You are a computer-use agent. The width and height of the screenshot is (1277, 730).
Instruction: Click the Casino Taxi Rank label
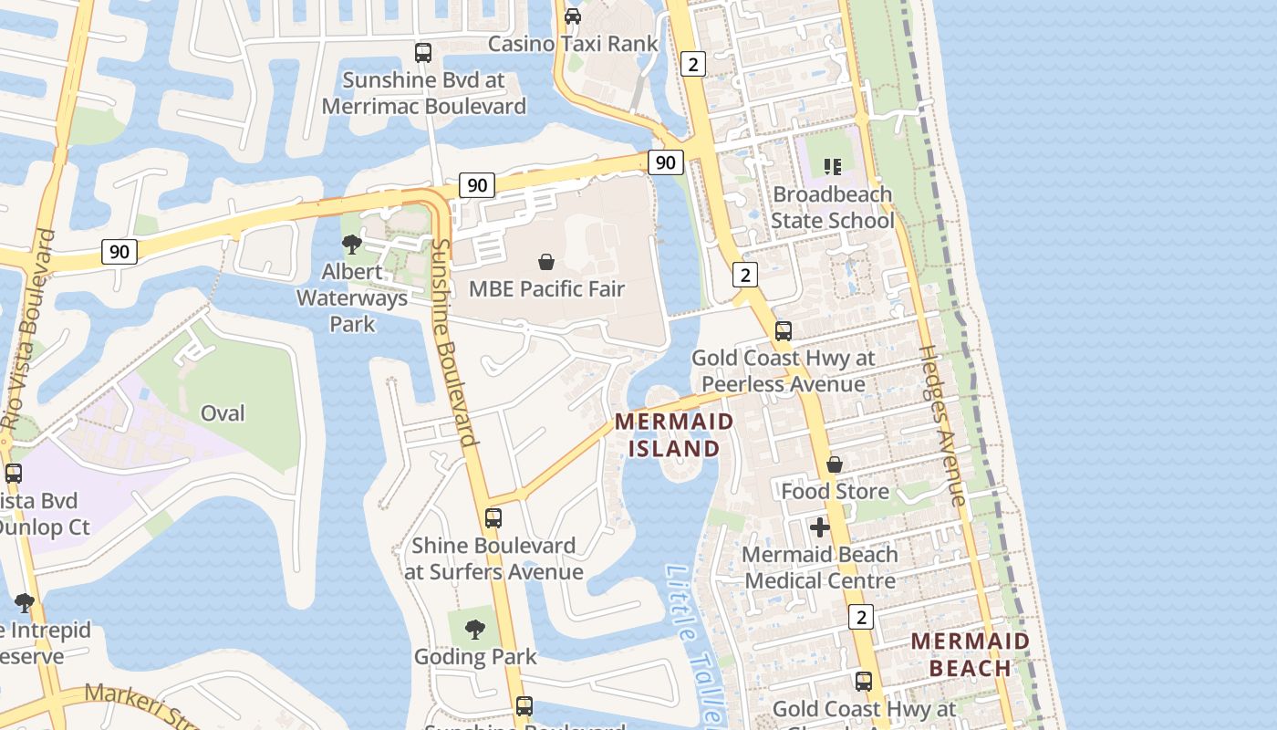573,43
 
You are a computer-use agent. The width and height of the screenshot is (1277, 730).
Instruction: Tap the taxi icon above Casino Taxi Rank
573,16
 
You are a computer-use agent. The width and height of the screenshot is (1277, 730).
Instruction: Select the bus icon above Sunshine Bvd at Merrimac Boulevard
423,53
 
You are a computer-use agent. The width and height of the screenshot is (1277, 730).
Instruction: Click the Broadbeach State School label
832,207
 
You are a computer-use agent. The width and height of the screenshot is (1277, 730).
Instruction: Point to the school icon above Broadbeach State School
832,166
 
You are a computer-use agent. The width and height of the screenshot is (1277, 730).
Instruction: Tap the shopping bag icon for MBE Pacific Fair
546,262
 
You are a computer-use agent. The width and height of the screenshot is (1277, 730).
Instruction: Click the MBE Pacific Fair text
546,289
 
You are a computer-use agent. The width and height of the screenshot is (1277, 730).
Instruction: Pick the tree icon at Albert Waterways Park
352,245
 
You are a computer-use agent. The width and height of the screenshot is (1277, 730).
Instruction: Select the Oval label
223,413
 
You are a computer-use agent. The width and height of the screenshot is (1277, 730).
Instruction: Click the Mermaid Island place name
674,434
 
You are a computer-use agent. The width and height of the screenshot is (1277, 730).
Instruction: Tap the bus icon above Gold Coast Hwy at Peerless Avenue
784,331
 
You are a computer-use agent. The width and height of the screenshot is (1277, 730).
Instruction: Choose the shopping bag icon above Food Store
835,465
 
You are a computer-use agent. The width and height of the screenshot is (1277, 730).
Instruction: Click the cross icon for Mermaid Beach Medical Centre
820,527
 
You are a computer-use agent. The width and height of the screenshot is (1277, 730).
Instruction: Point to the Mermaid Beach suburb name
971,654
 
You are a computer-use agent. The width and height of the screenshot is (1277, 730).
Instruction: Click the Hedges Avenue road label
941,424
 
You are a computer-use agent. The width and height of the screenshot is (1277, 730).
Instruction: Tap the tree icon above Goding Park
474,629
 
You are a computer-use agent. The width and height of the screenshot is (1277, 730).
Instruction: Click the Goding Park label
475,657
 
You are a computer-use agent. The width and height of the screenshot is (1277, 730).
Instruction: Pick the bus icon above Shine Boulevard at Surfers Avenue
493,518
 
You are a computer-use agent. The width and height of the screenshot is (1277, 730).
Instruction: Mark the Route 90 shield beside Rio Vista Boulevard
119,251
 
